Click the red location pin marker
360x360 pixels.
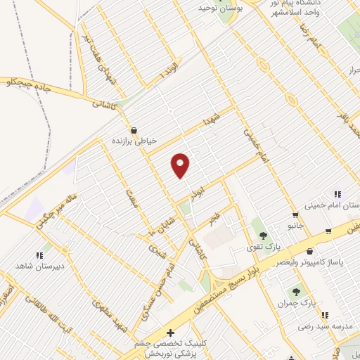coord(181,165)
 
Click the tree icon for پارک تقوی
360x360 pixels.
coord(263,236)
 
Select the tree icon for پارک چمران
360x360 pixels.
coord(296,290)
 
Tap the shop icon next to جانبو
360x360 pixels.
coord(296,215)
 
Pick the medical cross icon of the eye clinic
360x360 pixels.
coord(169,333)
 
